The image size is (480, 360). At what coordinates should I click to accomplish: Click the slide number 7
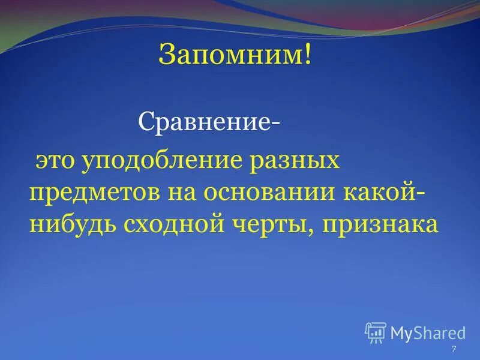pos(454,350)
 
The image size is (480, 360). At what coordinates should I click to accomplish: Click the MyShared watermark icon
pos(375,332)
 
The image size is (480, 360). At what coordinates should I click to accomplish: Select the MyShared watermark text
pos(428,332)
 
